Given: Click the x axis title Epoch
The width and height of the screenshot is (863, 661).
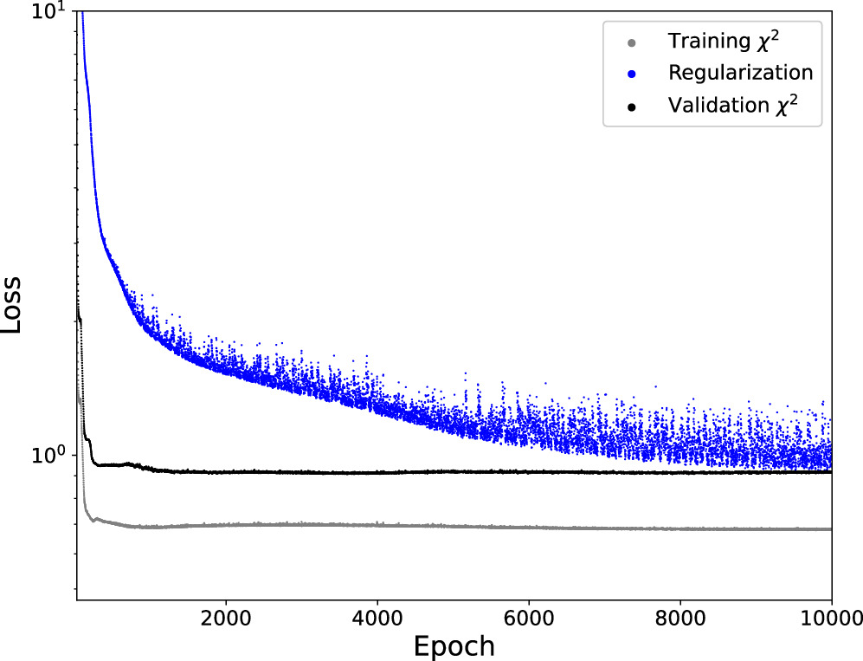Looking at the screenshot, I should (x=454, y=645).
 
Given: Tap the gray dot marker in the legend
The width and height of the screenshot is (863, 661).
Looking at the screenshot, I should (x=632, y=42).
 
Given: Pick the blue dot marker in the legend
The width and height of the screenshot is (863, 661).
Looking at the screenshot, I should (x=632, y=74).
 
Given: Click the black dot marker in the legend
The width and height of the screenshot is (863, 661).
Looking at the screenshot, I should (x=632, y=107).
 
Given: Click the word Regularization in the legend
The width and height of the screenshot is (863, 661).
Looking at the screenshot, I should (x=740, y=73).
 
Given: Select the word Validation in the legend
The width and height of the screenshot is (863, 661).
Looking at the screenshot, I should (x=709, y=106).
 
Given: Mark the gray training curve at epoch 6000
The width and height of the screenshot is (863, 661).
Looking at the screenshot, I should (x=529, y=527).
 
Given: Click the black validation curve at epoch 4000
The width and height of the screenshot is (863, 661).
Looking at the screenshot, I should (x=377, y=472).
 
